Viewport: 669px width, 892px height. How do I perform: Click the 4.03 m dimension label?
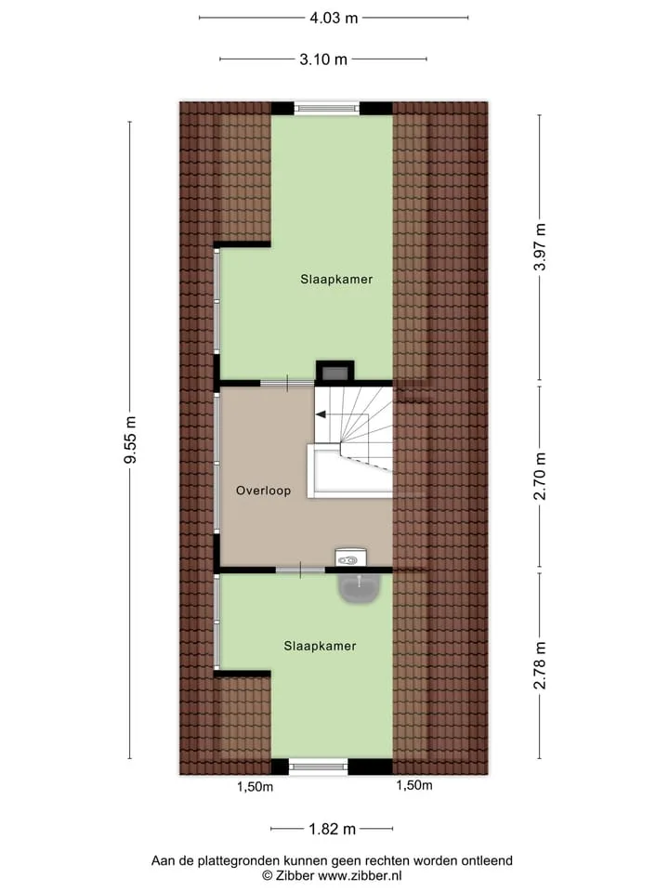click(x=334, y=19)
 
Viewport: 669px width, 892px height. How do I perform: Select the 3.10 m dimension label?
click(x=323, y=59)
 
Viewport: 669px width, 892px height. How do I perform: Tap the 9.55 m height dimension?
click(x=130, y=439)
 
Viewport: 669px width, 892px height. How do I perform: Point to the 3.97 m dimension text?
click(x=539, y=247)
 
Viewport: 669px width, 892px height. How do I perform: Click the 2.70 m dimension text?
click(x=539, y=476)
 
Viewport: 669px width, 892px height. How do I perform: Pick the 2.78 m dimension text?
click(x=539, y=665)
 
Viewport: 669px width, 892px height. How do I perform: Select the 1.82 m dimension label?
click(x=333, y=829)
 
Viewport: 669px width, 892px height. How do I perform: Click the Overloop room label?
click(x=263, y=491)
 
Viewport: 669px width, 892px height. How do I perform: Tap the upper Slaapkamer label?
click(x=336, y=280)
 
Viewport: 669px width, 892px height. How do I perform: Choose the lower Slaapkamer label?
click(x=321, y=646)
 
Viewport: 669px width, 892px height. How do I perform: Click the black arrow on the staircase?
click(x=321, y=414)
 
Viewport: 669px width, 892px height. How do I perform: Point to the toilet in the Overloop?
click(x=350, y=558)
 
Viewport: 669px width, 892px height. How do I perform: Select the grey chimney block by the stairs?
click(x=335, y=373)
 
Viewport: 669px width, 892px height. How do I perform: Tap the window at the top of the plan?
click(x=327, y=108)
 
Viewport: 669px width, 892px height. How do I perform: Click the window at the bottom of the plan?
click(x=319, y=767)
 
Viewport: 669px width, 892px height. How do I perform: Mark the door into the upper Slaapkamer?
click(x=287, y=384)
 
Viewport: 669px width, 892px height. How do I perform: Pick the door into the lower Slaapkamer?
click(x=300, y=570)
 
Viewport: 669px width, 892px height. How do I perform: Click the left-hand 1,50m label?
click(x=255, y=787)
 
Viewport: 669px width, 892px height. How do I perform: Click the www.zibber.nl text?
click(x=360, y=876)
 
